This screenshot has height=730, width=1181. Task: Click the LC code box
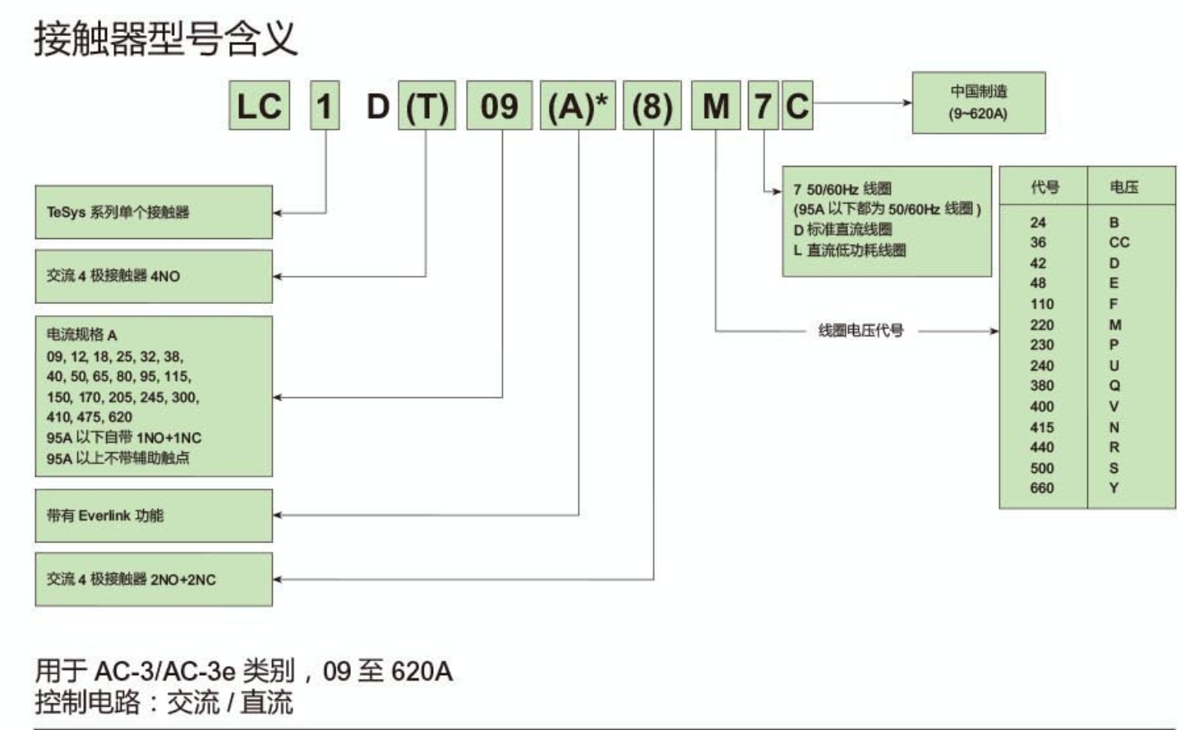point(259,106)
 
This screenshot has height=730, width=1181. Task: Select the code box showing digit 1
point(325,106)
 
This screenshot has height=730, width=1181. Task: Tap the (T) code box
point(427,106)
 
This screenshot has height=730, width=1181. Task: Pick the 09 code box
point(499,106)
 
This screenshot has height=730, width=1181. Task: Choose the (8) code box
point(652,106)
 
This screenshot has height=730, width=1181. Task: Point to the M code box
point(716,106)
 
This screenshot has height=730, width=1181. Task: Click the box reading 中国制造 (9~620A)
point(978,103)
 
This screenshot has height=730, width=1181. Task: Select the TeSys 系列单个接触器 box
point(154,212)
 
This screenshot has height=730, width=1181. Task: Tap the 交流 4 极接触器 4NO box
point(154,276)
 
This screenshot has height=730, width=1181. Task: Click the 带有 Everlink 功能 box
point(154,516)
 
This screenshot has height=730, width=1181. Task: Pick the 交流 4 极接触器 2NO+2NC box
point(154,579)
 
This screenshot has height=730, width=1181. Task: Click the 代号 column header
point(1045,187)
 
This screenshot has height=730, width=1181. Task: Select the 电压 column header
point(1123,187)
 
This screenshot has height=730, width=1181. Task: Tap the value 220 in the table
point(1041,324)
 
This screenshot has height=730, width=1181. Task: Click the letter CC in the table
point(1119,242)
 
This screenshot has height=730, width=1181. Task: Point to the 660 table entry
point(1041,488)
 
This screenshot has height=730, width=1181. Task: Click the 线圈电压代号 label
point(860,330)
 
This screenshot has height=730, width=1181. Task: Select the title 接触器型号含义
point(165,39)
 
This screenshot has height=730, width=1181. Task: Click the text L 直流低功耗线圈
point(850,250)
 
